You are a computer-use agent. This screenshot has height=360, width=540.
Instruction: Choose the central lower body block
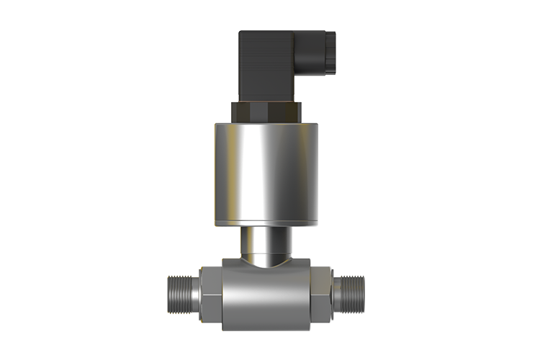[266, 295]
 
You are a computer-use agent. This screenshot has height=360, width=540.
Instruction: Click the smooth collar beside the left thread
[193, 293]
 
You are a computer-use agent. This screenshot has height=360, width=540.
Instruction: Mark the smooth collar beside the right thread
[336, 293]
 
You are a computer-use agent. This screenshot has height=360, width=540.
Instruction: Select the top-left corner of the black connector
[242, 32]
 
